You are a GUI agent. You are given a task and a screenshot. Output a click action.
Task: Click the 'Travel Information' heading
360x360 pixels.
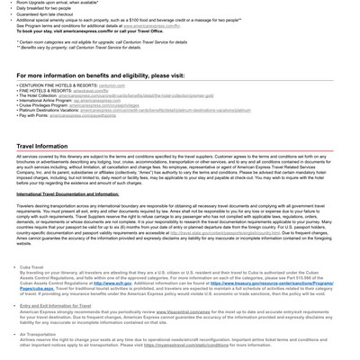pos(41,146)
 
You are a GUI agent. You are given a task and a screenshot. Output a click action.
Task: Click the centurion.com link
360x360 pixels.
pos(112,85)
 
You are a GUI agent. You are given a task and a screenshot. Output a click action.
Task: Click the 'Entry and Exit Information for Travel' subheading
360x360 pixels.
pos(55,306)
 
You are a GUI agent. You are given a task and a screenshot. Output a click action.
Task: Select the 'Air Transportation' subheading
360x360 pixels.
pos(44,334)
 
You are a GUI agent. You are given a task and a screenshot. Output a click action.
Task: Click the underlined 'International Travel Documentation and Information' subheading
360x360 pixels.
pos(67,194)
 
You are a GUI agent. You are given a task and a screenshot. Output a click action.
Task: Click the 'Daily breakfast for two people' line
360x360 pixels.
pos(53,8)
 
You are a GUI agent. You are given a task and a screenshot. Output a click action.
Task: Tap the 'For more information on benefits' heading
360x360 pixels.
pos(100,76)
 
